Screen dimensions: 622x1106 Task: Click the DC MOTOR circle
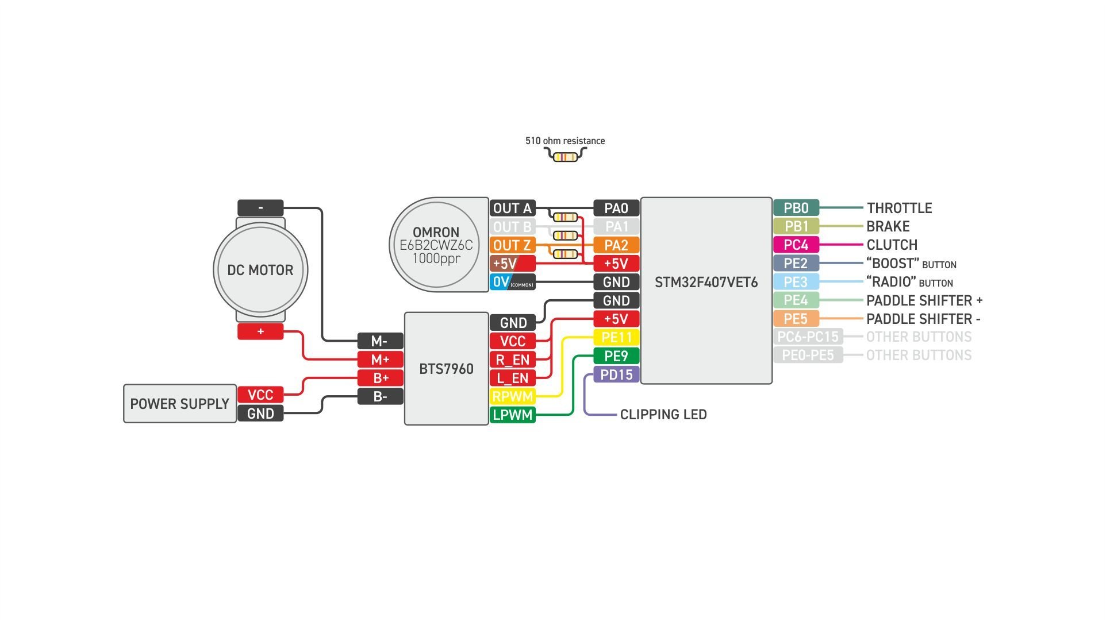click(x=260, y=270)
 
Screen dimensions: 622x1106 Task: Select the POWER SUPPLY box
click(x=179, y=404)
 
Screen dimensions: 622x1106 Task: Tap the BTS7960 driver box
click(x=446, y=369)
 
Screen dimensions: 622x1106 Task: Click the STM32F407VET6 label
click(x=706, y=283)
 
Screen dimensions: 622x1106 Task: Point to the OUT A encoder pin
click(x=512, y=208)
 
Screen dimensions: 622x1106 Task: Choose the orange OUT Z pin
click(x=512, y=245)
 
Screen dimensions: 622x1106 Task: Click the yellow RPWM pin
click(x=512, y=396)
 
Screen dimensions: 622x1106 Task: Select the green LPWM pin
click(x=512, y=415)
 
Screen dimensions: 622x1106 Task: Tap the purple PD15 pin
click(x=616, y=375)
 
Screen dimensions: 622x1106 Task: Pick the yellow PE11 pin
click(x=616, y=338)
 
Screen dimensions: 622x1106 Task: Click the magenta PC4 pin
click(x=796, y=245)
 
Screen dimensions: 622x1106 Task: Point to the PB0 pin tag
click(x=796, y=208)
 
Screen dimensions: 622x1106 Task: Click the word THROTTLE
click(x=899, y=208)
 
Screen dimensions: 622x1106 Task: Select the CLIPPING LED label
click(x=663, y=415)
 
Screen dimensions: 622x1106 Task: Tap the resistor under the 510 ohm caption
click(x=565, y=157)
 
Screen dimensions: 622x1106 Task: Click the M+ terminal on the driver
click(x=380, y=360)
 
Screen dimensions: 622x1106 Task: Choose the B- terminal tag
click(x=380, y=396)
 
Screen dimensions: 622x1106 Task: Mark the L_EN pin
click(x=512, y=378)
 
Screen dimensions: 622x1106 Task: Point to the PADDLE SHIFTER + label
click(x=924, y=301)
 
